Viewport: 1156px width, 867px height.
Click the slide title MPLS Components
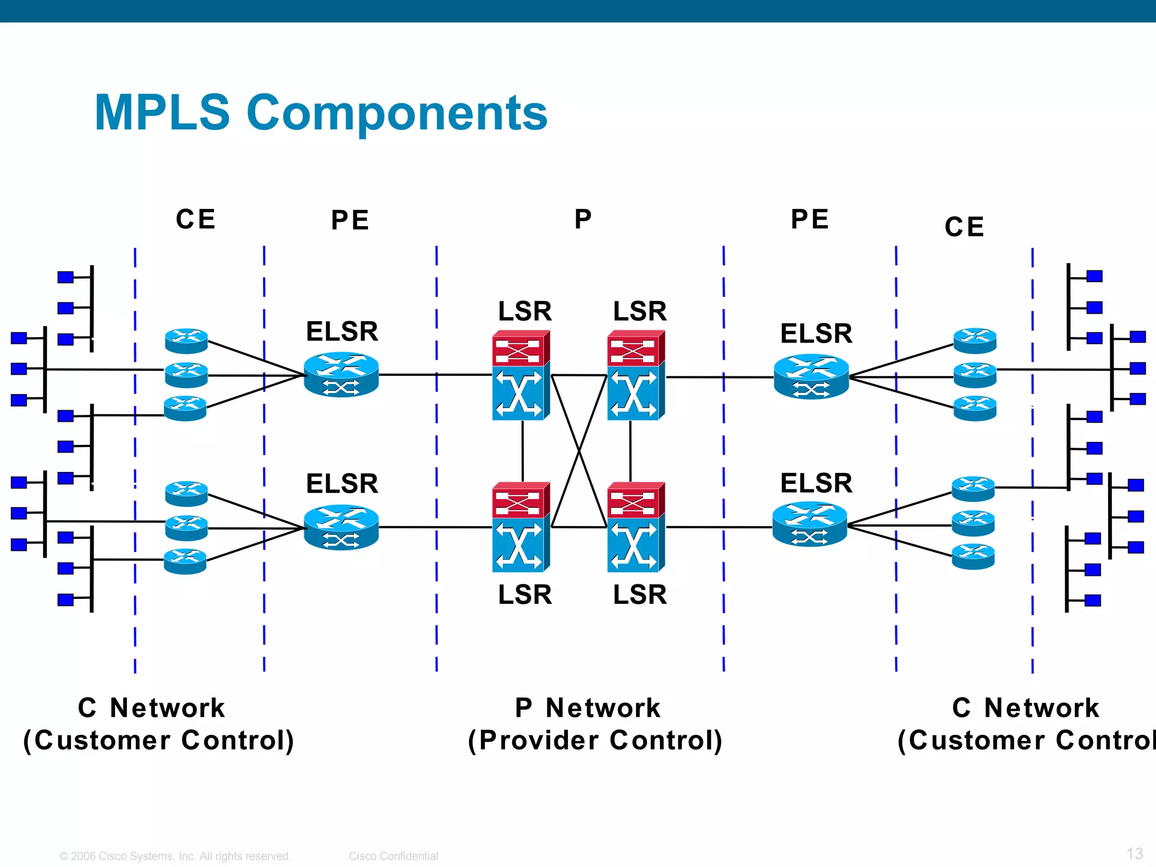tap(321, 112)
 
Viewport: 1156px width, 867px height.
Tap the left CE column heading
tap(195, 219)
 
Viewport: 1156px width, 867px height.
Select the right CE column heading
tap(964, 227)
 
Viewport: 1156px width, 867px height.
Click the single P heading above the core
tap(583, 219)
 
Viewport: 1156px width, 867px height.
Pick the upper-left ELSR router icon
tap(341, 375)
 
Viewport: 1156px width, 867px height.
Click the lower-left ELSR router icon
tap(341, 527)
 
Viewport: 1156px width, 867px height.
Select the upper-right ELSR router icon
tap(811, 376)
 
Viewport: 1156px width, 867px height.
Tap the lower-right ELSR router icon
tap(809, 525)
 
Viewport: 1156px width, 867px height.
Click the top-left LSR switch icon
tap(520, 375)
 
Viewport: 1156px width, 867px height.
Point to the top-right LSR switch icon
tap(636, 375)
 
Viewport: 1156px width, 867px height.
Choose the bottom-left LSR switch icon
tap(520, 527)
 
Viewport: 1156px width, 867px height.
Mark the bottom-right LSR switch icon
tap(636, 527)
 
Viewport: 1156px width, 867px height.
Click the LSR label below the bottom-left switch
tap(524, 594)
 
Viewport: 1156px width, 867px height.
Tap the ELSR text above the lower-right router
tap(816, 483)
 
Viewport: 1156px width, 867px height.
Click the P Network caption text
tap(587, 708)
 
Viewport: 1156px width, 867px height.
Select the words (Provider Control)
tap(595, 741)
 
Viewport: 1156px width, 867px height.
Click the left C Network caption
tap(151, 708)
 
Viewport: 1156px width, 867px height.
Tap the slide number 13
tap(1135, 853)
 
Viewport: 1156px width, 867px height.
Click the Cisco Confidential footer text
tap(393, 856)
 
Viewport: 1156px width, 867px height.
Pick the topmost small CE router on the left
tap(186, 341)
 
